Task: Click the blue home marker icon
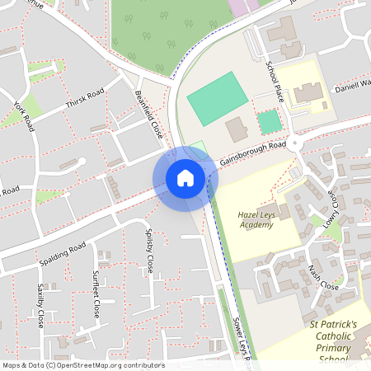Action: pyautogui.click(x=185, y=177)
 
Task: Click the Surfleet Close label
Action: pyautogui.click(x=96, y=294)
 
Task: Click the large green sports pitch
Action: pyautogui.click(x=216, y=98)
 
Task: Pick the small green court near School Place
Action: pyautogui.click(x=270, y=123)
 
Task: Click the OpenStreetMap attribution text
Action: pyautogui.click(x=82, y=365)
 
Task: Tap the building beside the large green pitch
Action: pyautogui.click(x=237, y=129)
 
